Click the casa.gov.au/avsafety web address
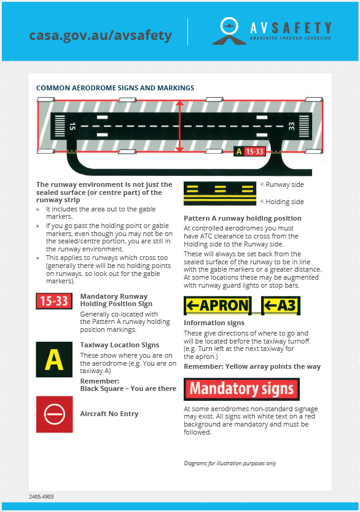click(100, 35)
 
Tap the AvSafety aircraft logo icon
click(229, 31)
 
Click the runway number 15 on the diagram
click(72, 126)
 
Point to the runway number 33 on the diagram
click(291, 126)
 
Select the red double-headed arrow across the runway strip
click(179, 126)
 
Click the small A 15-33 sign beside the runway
click(249, 151)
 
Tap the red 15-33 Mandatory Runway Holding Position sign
click(54, 301)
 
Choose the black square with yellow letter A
click(54, 360)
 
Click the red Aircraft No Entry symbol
click(55, 414)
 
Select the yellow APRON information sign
click(217, 305)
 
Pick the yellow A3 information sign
click(281, 305)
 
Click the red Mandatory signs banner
click(241, 389)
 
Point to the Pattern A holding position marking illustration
click(220, 194)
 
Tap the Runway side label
click(282, 185)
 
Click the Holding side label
click(282, 202)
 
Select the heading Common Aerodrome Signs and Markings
click(115, 88)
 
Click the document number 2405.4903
click(41, 497)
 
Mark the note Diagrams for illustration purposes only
click(230, 463)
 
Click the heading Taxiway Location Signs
click(120, 345)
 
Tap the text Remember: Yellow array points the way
click(252, 367)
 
